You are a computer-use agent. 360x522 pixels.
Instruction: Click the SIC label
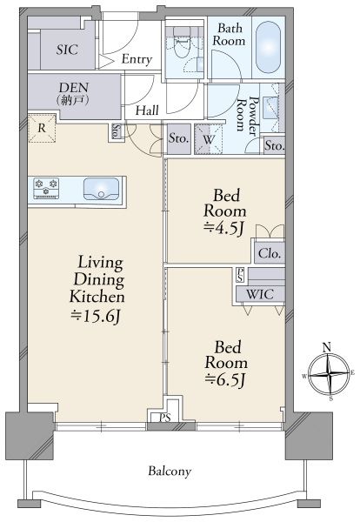click(67, 50)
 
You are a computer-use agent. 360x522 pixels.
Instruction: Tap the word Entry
click(137, 59)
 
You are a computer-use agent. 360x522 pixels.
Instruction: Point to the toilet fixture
click(183, 47)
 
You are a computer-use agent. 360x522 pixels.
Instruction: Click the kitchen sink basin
click(101, 189)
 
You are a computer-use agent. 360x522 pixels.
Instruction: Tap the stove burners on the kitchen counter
click(46, 188)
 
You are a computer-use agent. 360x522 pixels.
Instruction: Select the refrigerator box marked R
click(42, 128)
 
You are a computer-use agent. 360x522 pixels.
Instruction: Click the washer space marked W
click(209, 139)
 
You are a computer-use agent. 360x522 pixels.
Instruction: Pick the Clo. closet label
click(270, 254)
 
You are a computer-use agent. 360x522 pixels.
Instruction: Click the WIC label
click(260, 294)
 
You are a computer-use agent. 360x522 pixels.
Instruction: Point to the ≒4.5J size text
click(224, 228)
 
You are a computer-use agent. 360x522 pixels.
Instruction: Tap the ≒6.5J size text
click(226, 379)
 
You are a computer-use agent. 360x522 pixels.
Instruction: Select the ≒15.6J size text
click(96, 316)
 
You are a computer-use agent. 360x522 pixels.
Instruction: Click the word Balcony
click(170, 472)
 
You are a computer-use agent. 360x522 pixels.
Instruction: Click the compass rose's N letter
click(328, 347)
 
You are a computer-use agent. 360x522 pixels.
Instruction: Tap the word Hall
click(147, 110)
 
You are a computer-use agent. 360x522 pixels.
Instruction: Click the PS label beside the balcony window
click(164, 418)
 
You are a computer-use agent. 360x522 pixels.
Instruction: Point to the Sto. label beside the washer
click(178, 138)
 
